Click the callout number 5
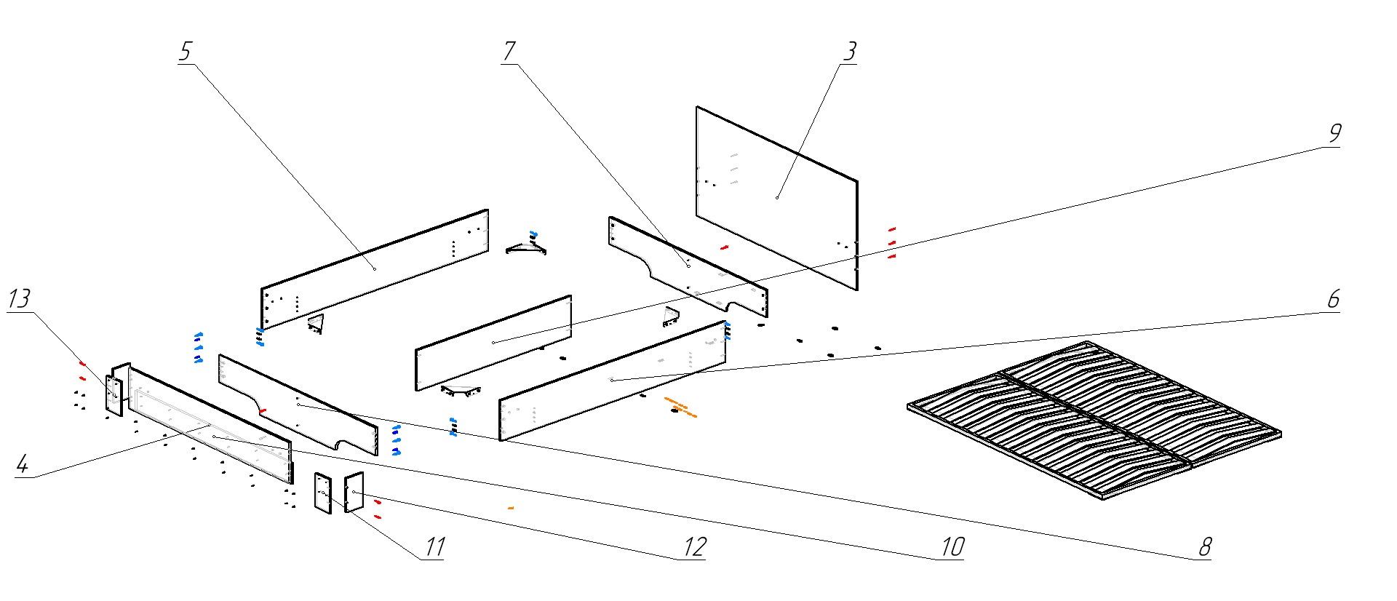(185, 51)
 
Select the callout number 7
(509, 51)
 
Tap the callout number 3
(849, 51)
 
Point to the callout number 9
(1334, 133)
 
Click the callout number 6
(1333, 299)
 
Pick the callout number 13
(20, 298)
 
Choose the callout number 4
(23, 464)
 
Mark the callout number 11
(434, 546)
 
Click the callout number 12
(694, 546)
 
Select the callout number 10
(952, 546)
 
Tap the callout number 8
(1205, 546)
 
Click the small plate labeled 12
(354, 492)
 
